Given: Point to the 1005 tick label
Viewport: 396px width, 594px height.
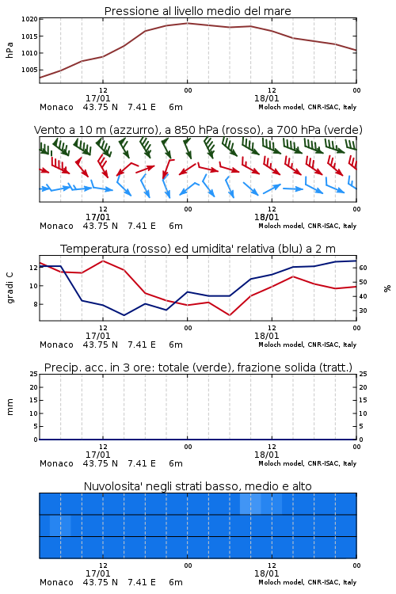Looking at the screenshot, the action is tap(29, 70).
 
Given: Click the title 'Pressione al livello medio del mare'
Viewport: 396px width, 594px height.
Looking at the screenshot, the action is tap(198, 11).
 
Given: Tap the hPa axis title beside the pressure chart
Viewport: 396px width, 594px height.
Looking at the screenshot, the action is tap(10, 50).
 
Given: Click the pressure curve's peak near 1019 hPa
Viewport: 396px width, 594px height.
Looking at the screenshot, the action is tap(187, 23).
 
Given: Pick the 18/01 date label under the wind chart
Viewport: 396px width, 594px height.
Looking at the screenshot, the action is tap(267, 218).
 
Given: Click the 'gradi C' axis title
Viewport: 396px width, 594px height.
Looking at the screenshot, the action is tap(10, 287).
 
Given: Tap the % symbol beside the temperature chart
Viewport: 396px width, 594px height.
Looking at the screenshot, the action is tap(387, 288).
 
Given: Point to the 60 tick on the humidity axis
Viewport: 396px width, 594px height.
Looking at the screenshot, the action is tap(363, 268).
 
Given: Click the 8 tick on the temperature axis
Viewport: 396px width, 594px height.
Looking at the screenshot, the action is tap(35, 304).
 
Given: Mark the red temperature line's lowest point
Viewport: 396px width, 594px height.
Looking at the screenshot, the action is tap(230, 315).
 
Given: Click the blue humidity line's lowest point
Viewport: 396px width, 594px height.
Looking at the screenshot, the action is tap(124, 315).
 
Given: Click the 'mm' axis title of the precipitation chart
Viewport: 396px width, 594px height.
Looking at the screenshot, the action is tap(10, 407).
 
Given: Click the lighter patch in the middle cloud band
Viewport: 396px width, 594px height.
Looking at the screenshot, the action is tap(60, 526).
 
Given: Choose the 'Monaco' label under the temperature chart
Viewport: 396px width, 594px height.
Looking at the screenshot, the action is tap(56, 345).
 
